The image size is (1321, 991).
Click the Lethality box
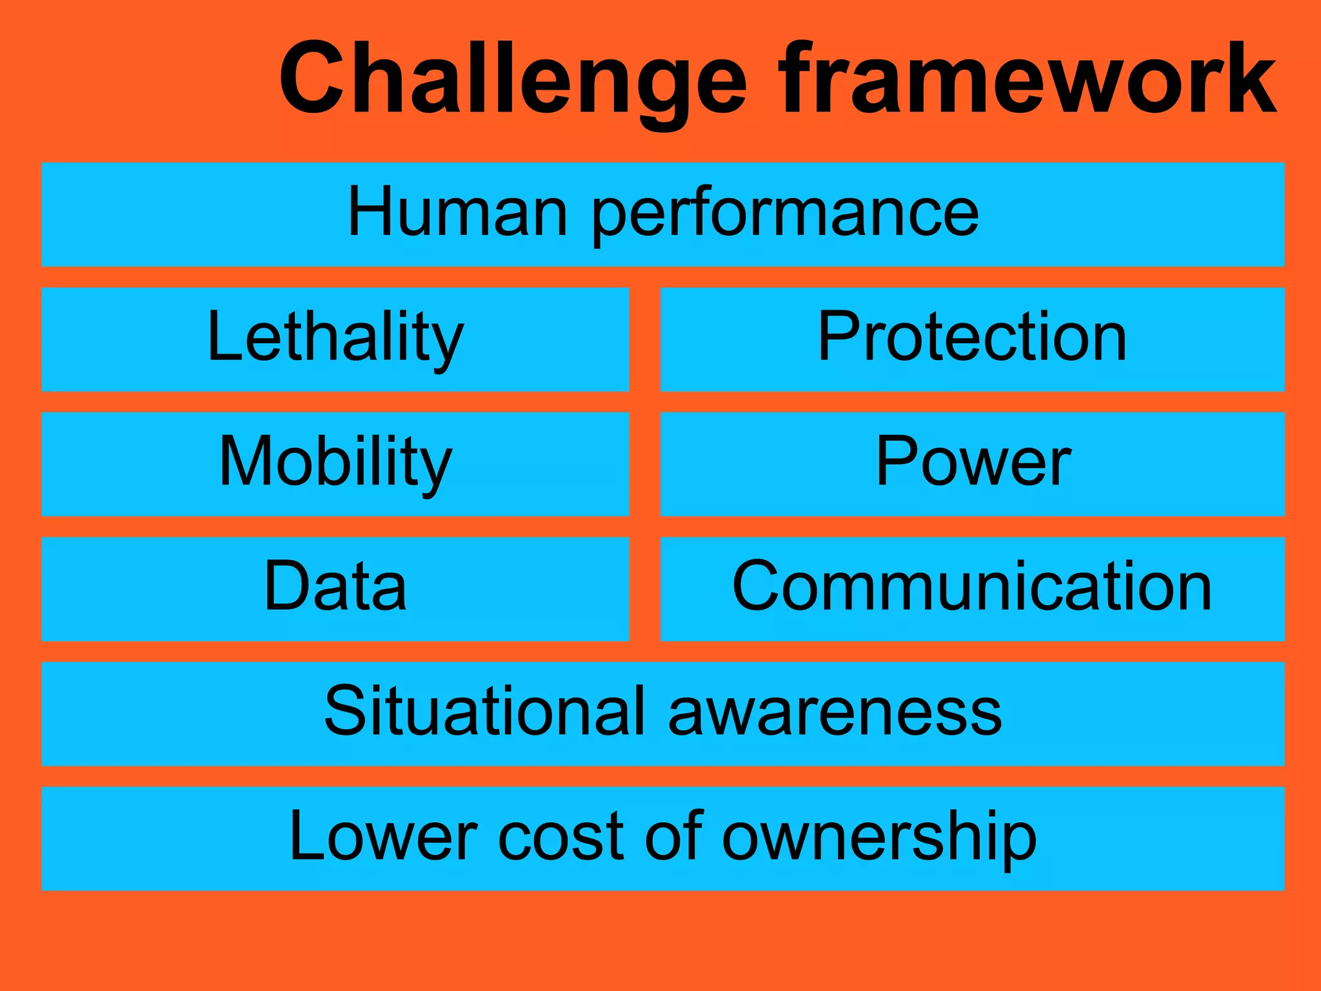click(x=335, y=339)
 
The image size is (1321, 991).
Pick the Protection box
click(x=972, y=339)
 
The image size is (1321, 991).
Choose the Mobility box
click(x=335, y=464)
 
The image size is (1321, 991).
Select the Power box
click(x=972, y=464)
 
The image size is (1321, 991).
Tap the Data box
click(x=335, y=588)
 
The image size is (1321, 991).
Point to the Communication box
click(x=972, y=588)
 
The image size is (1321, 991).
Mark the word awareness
click(x=835, y=714)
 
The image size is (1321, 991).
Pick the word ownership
click(x=879, y=839)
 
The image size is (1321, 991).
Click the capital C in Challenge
click(x=313, y=79)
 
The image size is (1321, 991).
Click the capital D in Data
click(x=287, y=586)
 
